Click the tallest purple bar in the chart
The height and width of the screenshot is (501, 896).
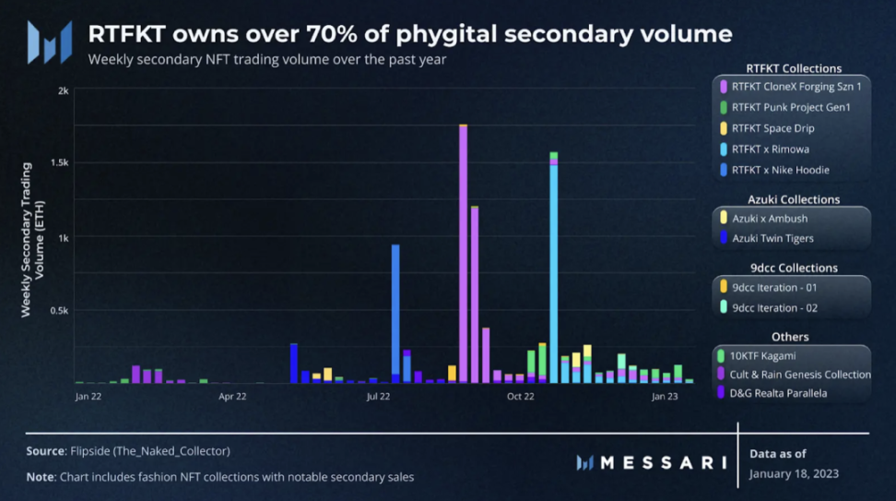click(x=463, y=254)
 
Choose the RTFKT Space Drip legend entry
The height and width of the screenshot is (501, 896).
click(x=772, y=128)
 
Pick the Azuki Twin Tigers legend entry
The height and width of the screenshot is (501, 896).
click(x=772, y=239)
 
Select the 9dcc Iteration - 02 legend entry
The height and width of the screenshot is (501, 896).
click(x=774, y=308)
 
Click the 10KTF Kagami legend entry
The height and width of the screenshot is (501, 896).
click(x=763, y=354)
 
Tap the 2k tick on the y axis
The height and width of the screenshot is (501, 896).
click(x=63, y=90)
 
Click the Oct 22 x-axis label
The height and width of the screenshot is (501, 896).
click(x=521, y=397)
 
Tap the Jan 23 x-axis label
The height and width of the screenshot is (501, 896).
click(x=665, y=397)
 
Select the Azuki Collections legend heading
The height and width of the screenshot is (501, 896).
click(x=793, y=199)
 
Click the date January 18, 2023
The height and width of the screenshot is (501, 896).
click(x=794, y=473)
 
